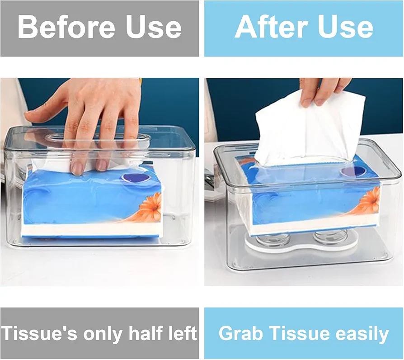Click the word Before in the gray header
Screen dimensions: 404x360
66,27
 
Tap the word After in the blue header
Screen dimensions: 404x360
272,27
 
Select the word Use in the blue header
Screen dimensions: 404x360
346,27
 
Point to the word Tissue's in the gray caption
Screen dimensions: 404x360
39,333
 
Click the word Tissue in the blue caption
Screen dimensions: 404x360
298,333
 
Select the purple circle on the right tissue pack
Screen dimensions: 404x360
352,172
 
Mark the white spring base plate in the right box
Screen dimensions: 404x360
301,246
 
